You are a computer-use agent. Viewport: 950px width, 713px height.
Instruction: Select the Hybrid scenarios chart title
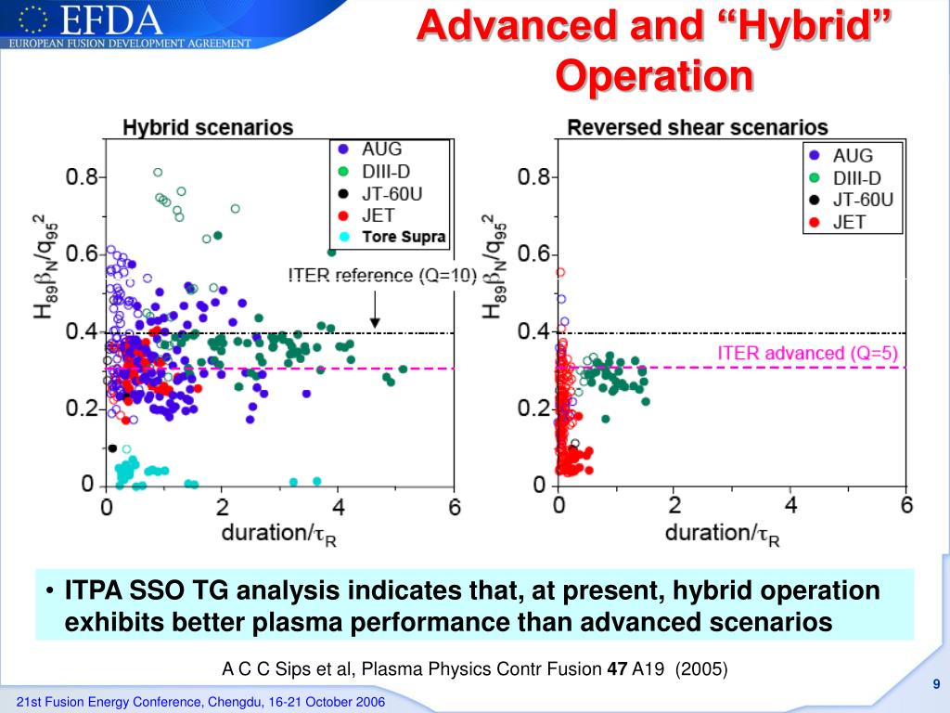pos(208,128)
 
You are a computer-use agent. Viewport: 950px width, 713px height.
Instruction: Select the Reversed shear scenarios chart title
pos(697,127)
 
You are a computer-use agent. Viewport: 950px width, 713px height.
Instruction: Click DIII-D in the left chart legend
pos(386,172)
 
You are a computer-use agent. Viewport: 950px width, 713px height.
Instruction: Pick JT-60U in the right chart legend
pos(863,200)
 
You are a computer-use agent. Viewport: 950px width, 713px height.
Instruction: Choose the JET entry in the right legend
pos(849,223)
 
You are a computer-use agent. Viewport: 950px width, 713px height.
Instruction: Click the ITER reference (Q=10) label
pos(382,275)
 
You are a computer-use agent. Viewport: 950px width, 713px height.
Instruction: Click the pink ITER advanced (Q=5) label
pos(807,353)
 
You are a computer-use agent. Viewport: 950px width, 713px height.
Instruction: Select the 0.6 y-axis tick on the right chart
pos(536,254)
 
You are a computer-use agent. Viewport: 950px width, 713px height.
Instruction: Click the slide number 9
pos(937,684)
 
